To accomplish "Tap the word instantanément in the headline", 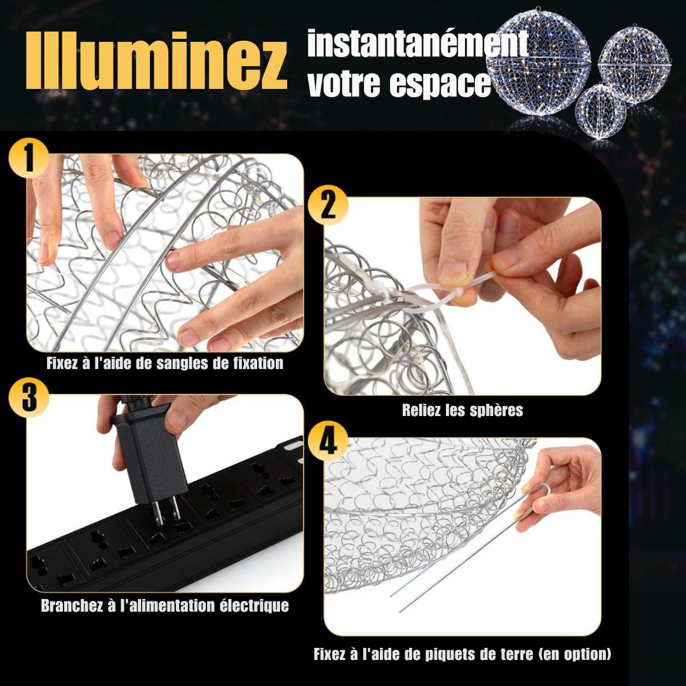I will pyautogui.click(x=417, y=44).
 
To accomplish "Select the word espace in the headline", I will pyautogui.click(x=440, y=84).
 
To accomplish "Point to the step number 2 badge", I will pyautogui.click(x=328, y=205).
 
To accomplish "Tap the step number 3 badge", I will pyautogui.click(x=29, y=398).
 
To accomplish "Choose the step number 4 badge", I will pyautogui.click(x=328, y=442).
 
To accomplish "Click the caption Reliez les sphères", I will pyautogui.click(x=462, y=410).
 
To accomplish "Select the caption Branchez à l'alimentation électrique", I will pyautogui.click(x=165, y=605).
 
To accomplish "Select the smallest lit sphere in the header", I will pyautogui.click(x=600, y=112).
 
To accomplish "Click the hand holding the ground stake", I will pyautogui.click(x=565, y=483).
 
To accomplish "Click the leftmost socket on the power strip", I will pyautogui.click(x=48, y=568).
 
